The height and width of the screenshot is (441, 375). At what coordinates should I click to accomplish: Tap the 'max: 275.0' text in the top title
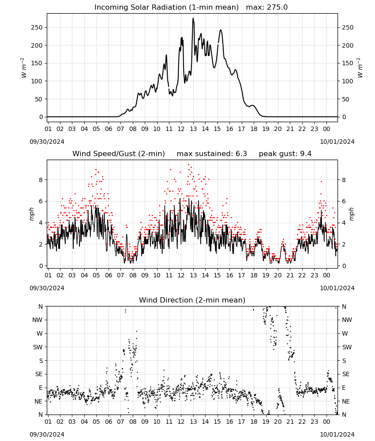[x=267, y=7]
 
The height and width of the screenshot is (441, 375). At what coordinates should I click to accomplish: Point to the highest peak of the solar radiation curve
[x=193, y=18]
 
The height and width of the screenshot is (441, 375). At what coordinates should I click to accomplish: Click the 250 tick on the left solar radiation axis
[x=37, y=27]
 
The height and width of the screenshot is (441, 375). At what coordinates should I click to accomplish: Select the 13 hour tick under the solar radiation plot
[x=193, y=129]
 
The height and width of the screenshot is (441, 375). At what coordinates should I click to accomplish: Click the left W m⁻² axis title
[x=24, y=68]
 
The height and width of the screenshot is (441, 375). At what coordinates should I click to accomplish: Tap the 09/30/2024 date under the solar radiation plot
[x=47, y=142]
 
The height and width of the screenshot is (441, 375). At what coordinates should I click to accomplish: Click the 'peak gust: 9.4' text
[x=285, y=154]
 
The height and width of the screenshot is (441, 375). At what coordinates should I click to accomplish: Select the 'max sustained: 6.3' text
[x=212, y=154]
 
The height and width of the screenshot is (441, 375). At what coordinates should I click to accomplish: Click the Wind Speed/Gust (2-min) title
[x=119, y=154]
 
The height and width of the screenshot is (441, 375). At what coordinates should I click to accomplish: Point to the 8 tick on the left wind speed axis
[x=41, y=180]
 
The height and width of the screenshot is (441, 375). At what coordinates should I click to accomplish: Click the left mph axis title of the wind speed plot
[x=31, y=214]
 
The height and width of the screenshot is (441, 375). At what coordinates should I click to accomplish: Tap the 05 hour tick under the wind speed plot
[x=96, y=275]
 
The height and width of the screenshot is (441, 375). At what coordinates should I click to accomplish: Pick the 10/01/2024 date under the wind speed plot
[x=337, y=288]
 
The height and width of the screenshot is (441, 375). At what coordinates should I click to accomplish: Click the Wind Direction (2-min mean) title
[x=192, y=300]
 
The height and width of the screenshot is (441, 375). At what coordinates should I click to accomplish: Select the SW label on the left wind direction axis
[x=37, y=348]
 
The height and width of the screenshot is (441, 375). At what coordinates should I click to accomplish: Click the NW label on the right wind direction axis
[x=347, y=320]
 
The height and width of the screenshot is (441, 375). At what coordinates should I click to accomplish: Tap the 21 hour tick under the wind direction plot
[x=290, y=422]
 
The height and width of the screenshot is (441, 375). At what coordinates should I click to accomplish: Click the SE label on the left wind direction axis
[x=39, y=374]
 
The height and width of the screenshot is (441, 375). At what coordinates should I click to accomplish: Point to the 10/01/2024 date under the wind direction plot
[x=337, y=435]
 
